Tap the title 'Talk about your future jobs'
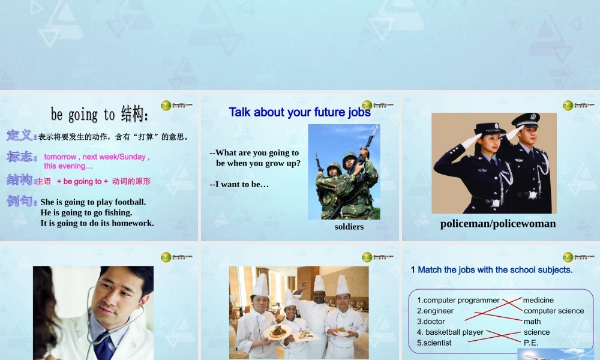pos(299,112)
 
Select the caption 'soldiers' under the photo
pos(349,227)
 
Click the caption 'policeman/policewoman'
pos(498,224)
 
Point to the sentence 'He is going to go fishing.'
pos(86,212)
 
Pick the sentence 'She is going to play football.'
pos(93,202)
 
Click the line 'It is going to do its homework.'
pos(97,223)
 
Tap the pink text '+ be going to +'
pos(82,181)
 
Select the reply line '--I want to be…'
pos(239,184)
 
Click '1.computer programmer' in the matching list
pos(458,300)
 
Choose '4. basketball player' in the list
pos(451,332)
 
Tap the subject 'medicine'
pos(538,300)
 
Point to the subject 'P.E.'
pos(531,343)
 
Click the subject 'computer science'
pos(553,311)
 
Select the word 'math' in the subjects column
pos(532,322)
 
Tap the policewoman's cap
pos(490,128)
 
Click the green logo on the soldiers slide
pos(367,105)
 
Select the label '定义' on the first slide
pos(19,136)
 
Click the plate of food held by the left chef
pos(277,331)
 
